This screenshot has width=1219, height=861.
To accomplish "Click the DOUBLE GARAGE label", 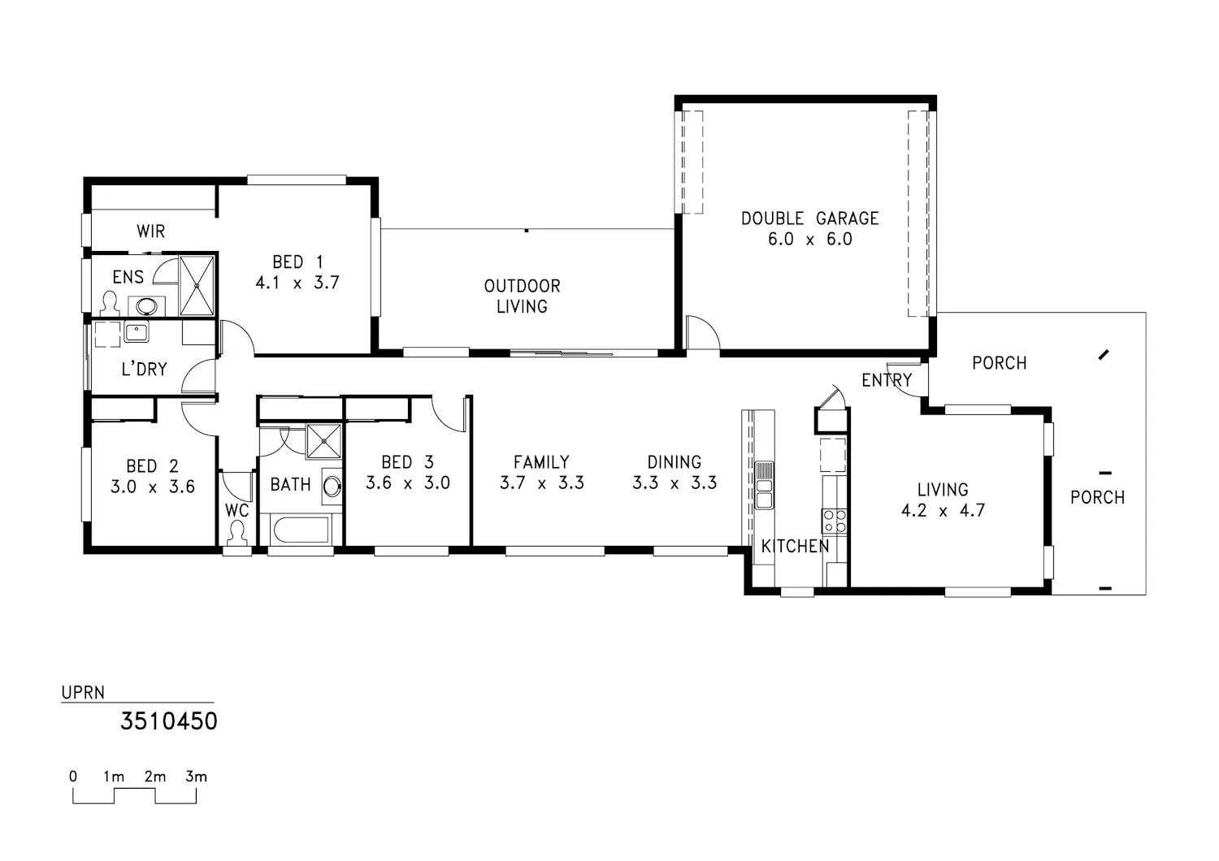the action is point(809,218).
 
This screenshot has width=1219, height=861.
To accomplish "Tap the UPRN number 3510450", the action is point(169,721).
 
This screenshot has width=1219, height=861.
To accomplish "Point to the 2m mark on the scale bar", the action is point(155,777).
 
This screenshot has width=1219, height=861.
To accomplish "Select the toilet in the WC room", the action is point(236,533).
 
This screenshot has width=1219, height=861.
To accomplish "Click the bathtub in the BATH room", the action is point(301,530).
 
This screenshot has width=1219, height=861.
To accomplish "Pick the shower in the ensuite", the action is point(197,285).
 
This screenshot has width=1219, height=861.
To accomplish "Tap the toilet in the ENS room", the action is point(110,304).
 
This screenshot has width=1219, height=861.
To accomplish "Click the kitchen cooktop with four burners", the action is point(835,521).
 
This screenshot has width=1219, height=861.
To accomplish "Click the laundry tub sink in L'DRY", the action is point(136,331).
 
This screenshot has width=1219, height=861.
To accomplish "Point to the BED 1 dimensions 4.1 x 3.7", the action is point(297,283).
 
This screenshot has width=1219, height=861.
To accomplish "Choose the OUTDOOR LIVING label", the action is point(522,296).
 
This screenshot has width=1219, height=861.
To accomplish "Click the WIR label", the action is point(150,231).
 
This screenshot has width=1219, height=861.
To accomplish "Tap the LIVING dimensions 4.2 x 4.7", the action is point(943,511).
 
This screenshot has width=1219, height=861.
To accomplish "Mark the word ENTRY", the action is point(887,380).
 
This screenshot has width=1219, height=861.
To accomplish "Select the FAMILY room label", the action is point(541,462).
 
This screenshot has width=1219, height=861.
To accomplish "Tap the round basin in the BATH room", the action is point(332,486).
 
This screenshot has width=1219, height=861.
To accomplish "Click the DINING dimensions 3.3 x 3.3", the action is point(675,483).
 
